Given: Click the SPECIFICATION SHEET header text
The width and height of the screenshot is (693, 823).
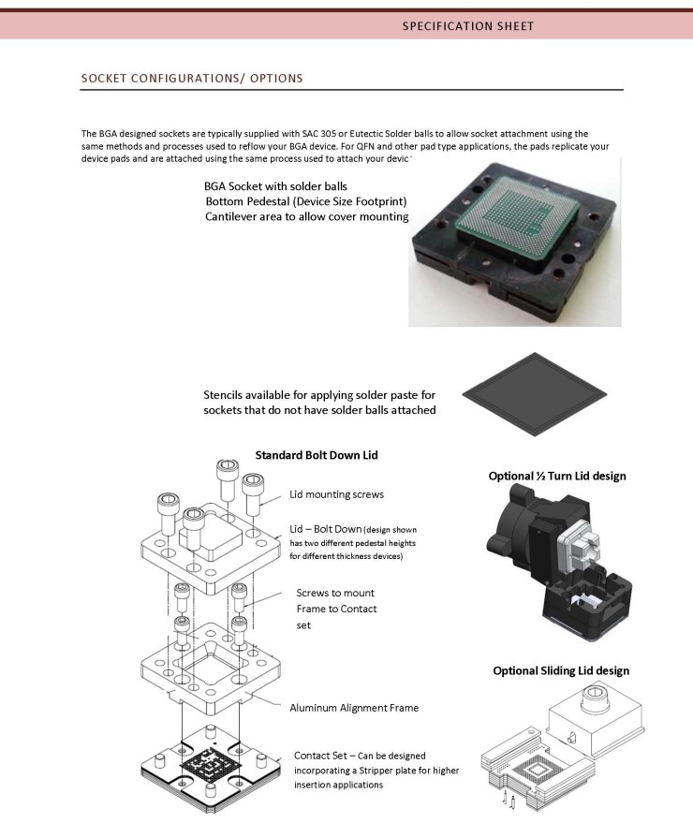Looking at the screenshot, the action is (x=468, y=26).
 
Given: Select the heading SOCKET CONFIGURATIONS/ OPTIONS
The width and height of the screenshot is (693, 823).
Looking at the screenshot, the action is (x=192, y=79).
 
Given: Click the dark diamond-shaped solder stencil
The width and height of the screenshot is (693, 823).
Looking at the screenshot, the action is (x=535, y=394).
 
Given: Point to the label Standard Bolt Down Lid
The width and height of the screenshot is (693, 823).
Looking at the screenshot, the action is (x=317, y=455).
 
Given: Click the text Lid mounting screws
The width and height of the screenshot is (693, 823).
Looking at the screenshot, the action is (x=336, y=494).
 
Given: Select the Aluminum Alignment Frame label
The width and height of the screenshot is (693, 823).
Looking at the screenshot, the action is (x=354, y=708).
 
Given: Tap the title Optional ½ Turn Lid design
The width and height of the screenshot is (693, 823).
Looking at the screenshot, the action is (x=557, y=476).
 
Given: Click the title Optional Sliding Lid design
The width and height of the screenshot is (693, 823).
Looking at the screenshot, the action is (x=561, y=670).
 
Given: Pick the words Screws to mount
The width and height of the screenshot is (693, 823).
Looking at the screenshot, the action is (x=335, y=593).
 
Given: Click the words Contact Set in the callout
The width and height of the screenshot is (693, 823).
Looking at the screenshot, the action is (x=319, y=756).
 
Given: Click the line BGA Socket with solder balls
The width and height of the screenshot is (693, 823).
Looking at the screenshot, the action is (x=275, y=186).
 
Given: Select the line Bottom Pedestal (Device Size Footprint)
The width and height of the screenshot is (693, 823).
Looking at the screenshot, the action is (x=306, y=201).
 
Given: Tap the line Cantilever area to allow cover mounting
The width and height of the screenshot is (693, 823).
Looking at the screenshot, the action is (x=306, y=217).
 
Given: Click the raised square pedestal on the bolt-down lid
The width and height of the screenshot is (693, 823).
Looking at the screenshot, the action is (x=210, y=539).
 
